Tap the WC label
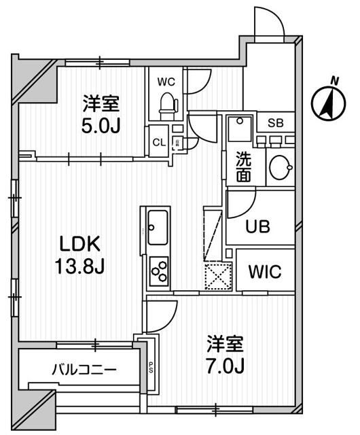(x=166, y=82)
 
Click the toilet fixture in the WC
(x=166, y=104)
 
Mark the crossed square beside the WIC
(x=217, y=276)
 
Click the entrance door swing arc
(x=268, y=24)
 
